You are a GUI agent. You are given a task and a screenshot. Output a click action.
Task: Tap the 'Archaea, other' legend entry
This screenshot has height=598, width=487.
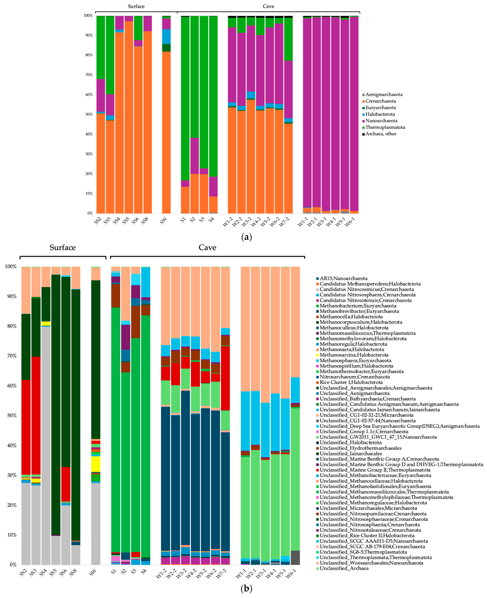point(381,134)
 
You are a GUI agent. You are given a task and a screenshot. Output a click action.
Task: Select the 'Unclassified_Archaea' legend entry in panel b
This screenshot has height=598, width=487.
point(344,568)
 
